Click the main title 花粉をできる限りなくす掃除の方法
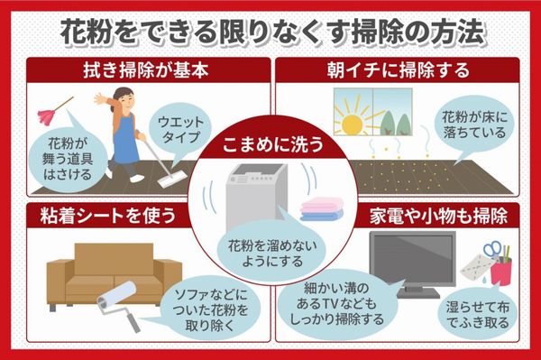coord(270,30)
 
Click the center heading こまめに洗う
coord(270,142)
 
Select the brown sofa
coord(91,271)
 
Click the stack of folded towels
coord(321,212)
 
